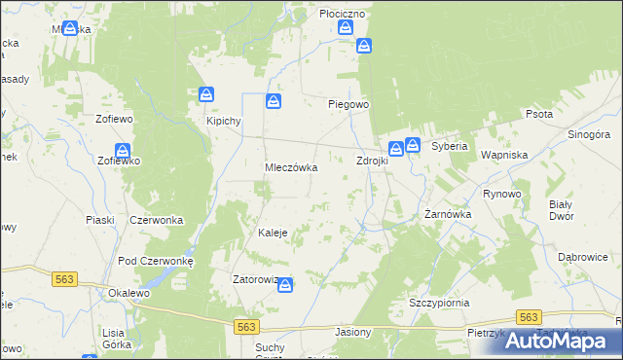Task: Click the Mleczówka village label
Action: click(x=292, y=167)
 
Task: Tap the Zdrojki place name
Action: click(x=372, y=161)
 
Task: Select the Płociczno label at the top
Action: click(x=342, y=14)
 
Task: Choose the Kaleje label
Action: click(x=272, y=233)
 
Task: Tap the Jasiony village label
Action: click(x=352, y=332)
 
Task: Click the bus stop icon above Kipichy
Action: click(x=206, y=94)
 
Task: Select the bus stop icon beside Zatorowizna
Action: click(x=285, y=284)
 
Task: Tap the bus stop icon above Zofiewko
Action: click(x=123, y=151)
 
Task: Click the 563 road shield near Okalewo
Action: click(x=64, y=278)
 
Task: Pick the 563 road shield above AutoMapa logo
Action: click(x=529, y=318)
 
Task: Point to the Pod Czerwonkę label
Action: click(x=156, y=261)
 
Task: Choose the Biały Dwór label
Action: click(x=561, y=210)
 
